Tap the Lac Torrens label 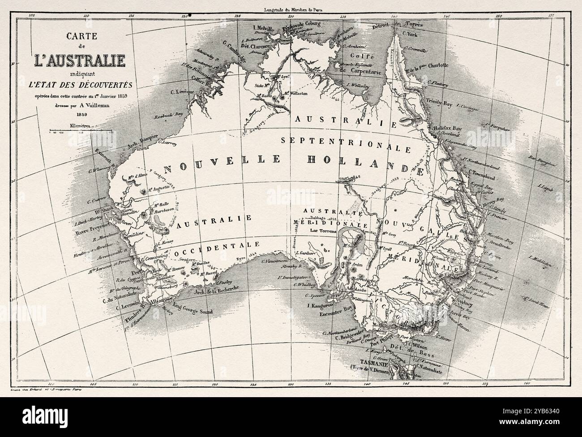324,231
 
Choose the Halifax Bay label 447,128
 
